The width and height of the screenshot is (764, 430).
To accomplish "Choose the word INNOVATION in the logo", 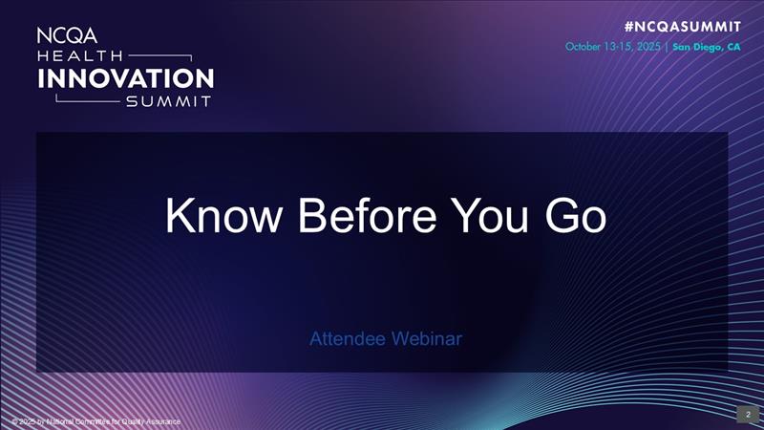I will click(x=124, y=77).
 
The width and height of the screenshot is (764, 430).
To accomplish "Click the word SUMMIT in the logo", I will click(x=168, y=101).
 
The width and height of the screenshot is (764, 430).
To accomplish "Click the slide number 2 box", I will click(x=748, y=414).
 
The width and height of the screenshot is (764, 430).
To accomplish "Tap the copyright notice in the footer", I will click(x=95, y=421).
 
